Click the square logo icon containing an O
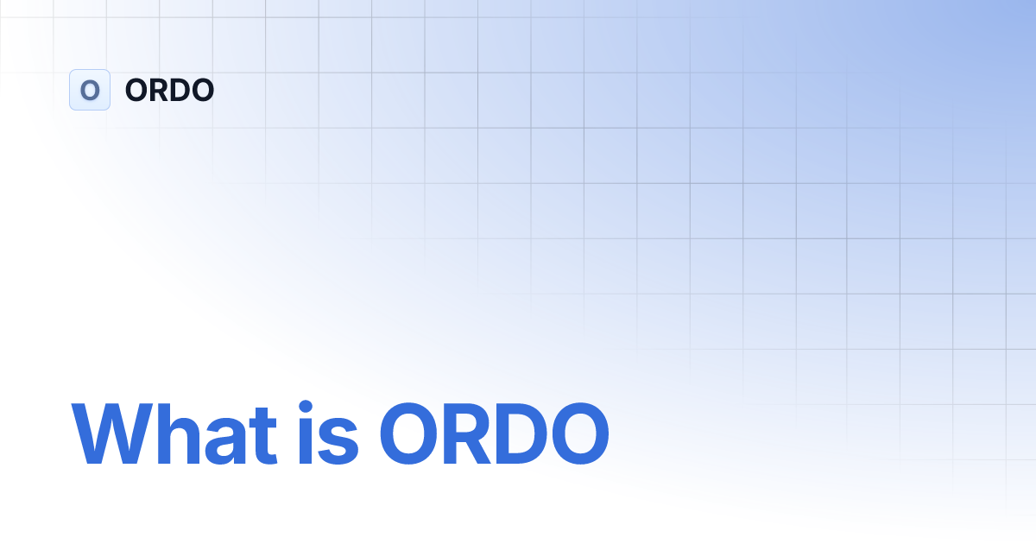(x=90, y=90)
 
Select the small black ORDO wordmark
(x=169, y=90)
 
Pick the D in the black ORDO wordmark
(x=180, y=90)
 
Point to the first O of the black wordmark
(x=136, y=90)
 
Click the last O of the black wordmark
(x=202, y=90)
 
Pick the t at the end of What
(x=265, y=436)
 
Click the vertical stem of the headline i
(x=307, y=445)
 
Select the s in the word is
(x=340, y=441)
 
